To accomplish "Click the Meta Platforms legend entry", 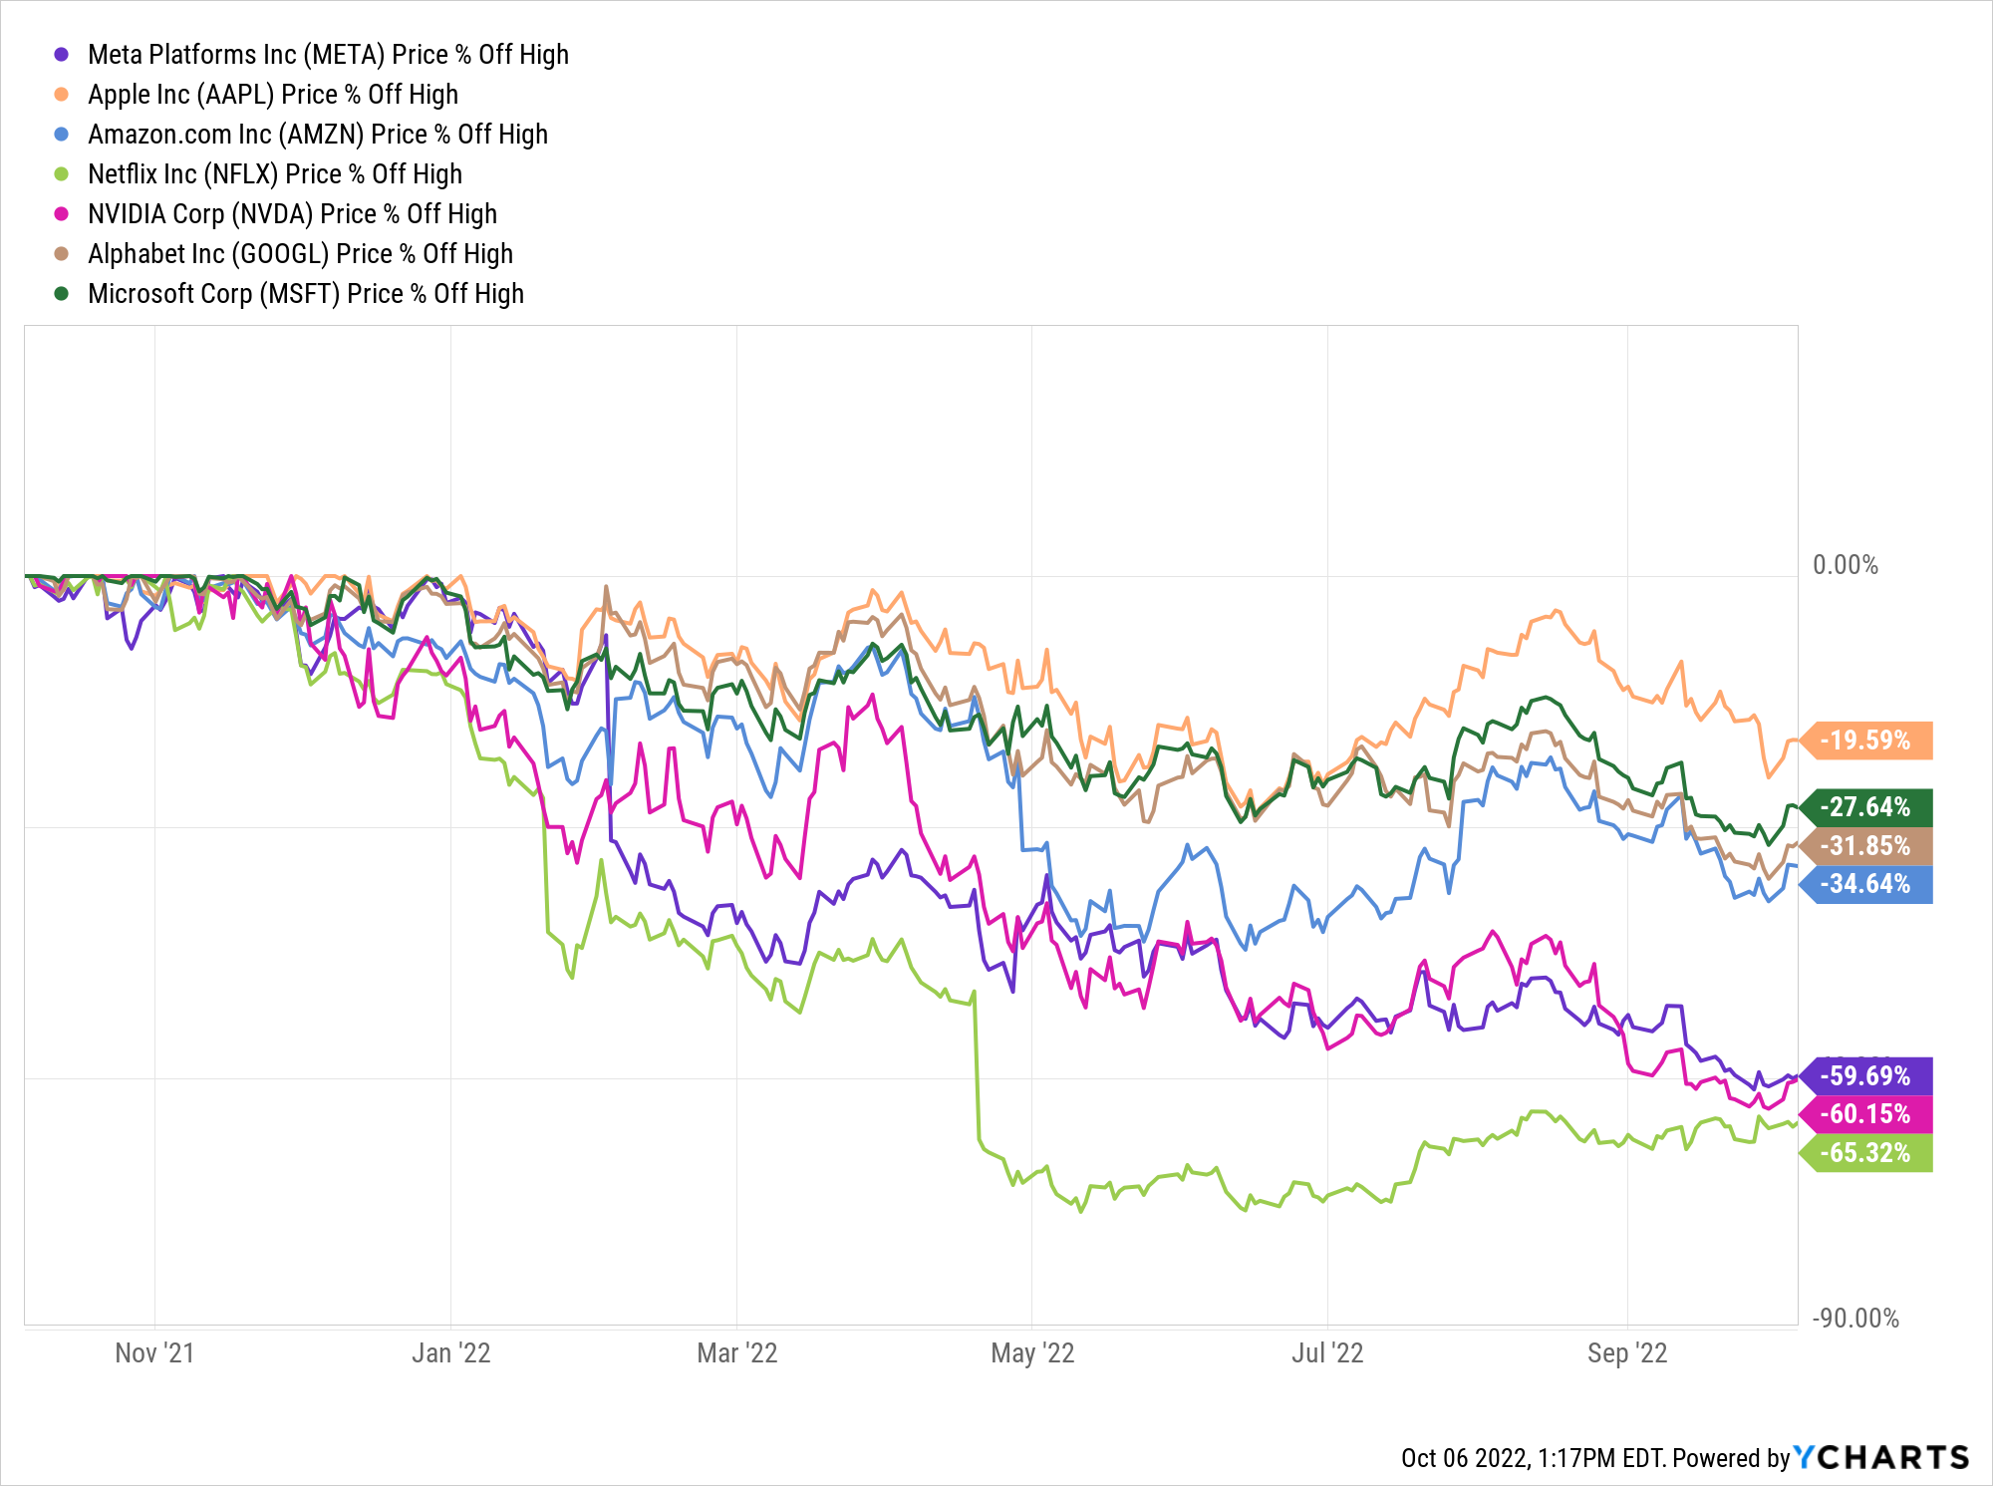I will [x=328, y=55].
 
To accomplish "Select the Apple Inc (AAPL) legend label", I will [x=273, y=95].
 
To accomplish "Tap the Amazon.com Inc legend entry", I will [x=318, y=135].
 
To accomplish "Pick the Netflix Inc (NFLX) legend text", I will [x=275, y=174].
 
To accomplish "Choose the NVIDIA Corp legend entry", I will [x=292, y=214].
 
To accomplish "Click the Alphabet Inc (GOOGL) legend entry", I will [x=300, y=254].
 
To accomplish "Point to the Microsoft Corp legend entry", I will [x=306, y=294].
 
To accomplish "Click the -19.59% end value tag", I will [x=1865, y=741].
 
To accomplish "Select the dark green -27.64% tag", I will [x=1865, y=807].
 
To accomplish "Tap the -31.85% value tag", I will [x=1865, y=846].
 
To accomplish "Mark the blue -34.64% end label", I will [x=1865, y=884].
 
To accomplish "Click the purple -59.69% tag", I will [x=1865, y=1076].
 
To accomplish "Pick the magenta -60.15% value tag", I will [x=1865, y=1114].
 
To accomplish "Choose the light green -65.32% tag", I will [x=1865, y=1153].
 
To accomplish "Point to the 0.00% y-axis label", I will [x=1845, y=565].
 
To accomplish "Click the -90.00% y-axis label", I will [x=1855, y=1319].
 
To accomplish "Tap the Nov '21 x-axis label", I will [x=154, y=1353].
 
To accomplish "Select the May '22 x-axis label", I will [x=1032, y=1353].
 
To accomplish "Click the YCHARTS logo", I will [x=1881, y=1458].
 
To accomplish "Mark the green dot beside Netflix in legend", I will [x=62, y=174].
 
